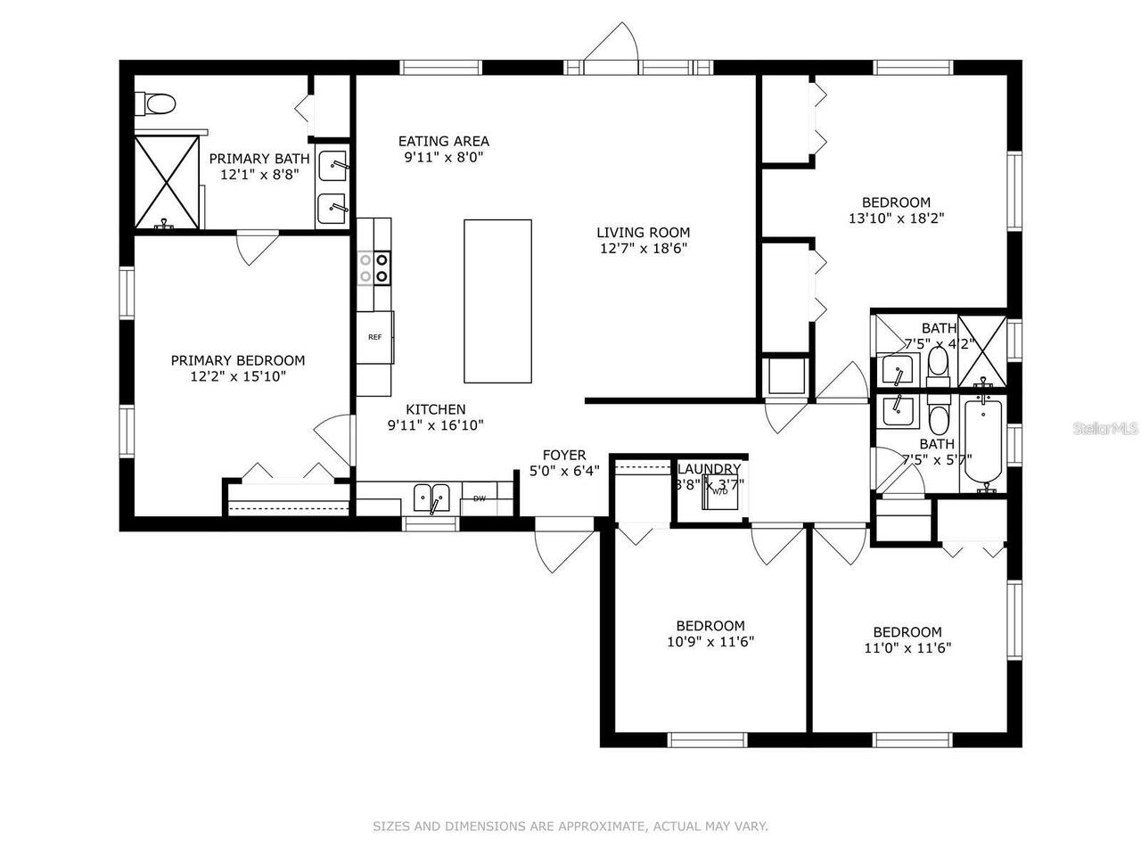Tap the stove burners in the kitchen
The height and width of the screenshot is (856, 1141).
(x=373, y=267)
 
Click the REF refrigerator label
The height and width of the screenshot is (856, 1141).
(x=374, y=337)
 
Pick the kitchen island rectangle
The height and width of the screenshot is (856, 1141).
(x=497, y=301)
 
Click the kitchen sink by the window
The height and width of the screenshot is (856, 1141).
(x=432, y=498)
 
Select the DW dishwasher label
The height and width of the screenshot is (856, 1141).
(x=480, y=498)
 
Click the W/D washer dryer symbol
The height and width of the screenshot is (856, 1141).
(x=718, y=490)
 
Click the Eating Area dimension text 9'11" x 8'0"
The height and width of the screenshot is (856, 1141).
(x=443, y=157)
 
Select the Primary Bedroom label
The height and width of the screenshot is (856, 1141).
(x=238, y=360)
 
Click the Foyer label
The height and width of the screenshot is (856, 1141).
(x=564, y=455)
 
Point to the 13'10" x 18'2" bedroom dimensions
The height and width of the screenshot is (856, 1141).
(x=896, y=218)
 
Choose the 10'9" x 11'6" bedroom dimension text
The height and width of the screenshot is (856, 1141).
(x=710, y=641)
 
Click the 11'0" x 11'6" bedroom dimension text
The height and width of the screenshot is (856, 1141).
(x=907, y=648)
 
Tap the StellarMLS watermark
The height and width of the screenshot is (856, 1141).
(x=1105, y=429)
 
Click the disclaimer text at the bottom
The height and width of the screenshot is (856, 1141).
(x=570, y=827)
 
